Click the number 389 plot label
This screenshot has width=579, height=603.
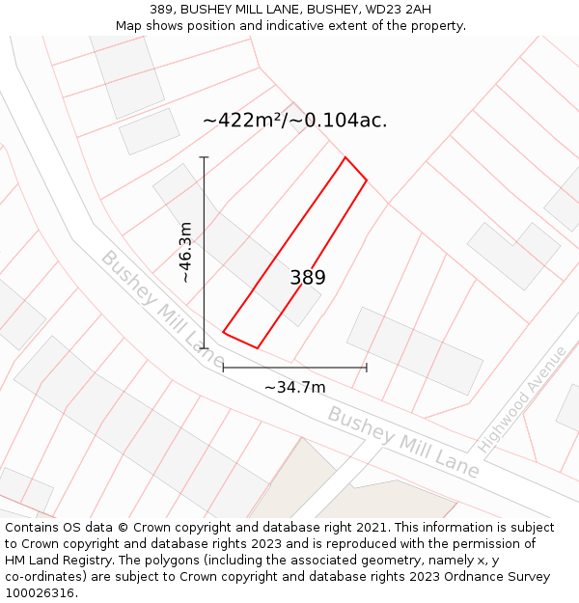(x=308, y=278)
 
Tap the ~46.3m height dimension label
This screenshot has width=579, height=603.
(x=185, y=252)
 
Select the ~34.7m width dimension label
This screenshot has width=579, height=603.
(x=294, y=387)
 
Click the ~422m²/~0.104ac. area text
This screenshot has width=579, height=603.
(x=294, y=121)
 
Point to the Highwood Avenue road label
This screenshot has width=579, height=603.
(x=522, y=399)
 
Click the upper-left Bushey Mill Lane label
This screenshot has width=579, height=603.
(x=154, y=299)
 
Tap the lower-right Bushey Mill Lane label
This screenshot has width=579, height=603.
(x=402, y=442)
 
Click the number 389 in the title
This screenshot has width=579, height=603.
(x=163, y=10)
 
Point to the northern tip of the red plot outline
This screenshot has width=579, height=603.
(x=345, y=157)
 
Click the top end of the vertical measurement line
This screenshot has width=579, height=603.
(x=205, y=157)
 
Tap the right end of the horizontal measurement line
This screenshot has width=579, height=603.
(x=367, y=367)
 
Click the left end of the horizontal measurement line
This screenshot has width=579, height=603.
(x=224, y=367)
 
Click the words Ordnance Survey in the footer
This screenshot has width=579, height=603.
(x=497, y=577)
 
